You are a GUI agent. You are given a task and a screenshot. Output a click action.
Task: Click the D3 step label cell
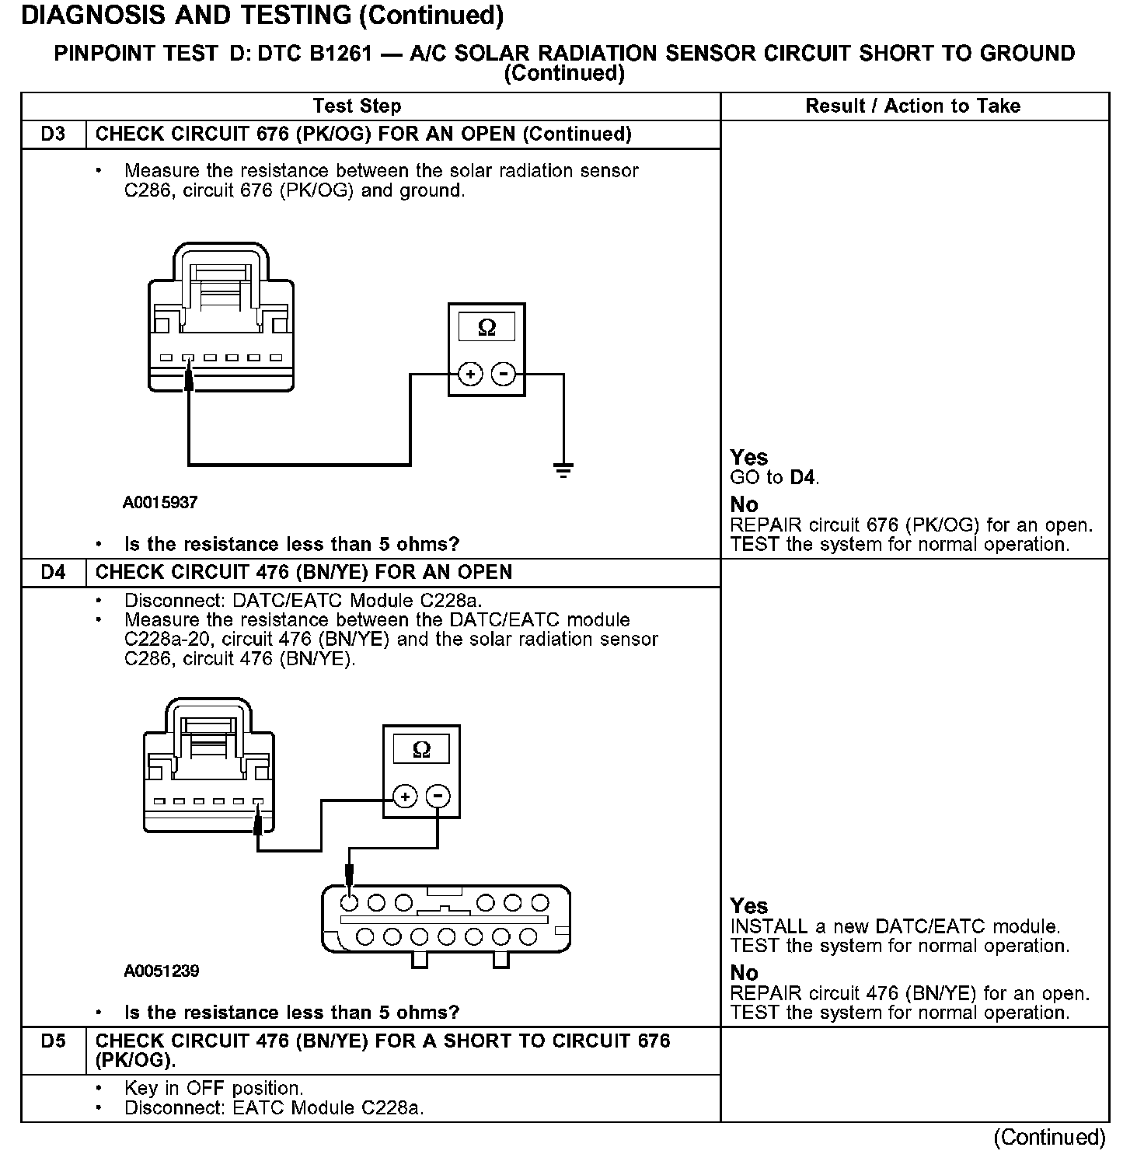click(53, 134)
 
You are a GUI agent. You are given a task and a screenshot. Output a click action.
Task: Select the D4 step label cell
click(53, 573)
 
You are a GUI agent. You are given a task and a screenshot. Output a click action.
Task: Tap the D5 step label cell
click(53, 1041)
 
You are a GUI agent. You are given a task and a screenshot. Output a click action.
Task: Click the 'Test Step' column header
click(357, 106)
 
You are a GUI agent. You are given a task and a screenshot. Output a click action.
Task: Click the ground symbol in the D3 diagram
click(563, 469)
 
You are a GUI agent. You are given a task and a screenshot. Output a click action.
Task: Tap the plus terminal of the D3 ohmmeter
click(470, 375)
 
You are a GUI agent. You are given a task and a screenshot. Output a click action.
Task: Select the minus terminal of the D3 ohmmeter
click(504, 375)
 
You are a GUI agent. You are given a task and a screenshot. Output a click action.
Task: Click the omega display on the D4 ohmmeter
click(421, 750)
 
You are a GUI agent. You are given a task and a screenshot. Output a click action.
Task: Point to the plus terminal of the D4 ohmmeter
click(405, 797)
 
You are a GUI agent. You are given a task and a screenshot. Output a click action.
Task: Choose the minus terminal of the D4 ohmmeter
click(438, 797)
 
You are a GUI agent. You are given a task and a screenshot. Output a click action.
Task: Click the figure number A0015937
click(160, 503)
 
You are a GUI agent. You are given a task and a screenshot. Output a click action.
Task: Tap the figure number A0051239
click(161, 971)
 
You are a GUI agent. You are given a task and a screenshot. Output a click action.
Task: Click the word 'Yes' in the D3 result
click(748, 458)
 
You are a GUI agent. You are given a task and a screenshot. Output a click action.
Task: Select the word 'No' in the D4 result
click(744, 973)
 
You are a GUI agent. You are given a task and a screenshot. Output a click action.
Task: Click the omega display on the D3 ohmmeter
click(487, 328)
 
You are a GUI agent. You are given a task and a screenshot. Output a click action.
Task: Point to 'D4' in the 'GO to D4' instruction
click(802, 478)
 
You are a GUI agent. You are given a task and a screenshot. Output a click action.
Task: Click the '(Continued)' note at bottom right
click(1049, 1138)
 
